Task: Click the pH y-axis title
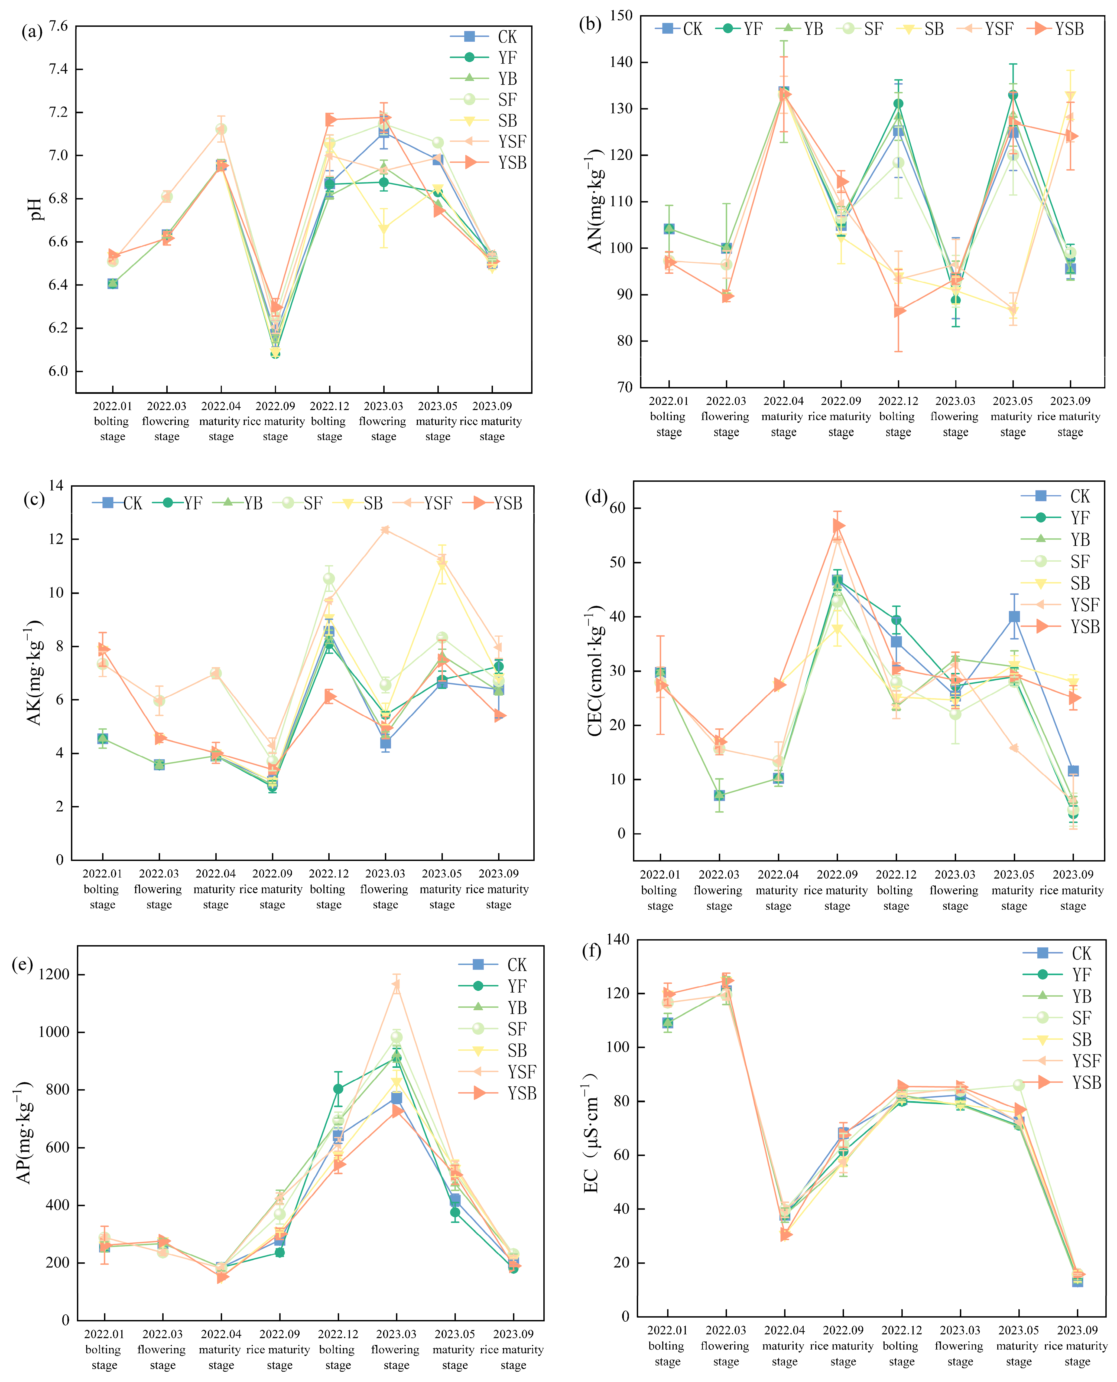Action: pos(36,209)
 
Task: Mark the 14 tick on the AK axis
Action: pos(57,486)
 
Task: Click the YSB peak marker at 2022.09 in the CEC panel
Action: pos(838,525)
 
